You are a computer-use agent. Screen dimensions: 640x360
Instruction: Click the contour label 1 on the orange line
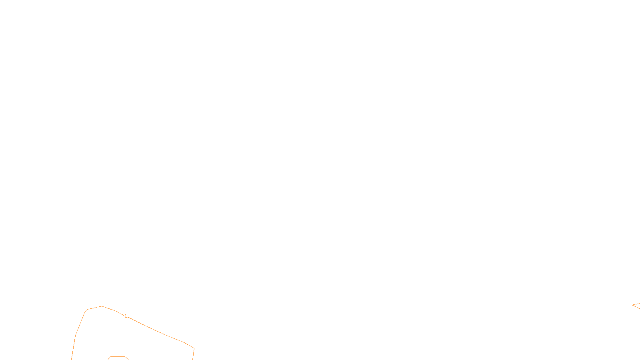pos(126,316)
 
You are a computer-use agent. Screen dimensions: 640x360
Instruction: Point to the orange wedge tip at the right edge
pos(632,305)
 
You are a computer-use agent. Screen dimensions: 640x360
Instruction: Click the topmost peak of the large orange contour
pos(102,306)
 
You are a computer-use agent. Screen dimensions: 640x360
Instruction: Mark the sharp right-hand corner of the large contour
pos(194,348)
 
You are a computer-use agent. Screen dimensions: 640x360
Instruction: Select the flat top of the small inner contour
pos(118,356)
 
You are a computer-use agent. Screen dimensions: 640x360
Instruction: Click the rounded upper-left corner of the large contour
pos(86,310)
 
